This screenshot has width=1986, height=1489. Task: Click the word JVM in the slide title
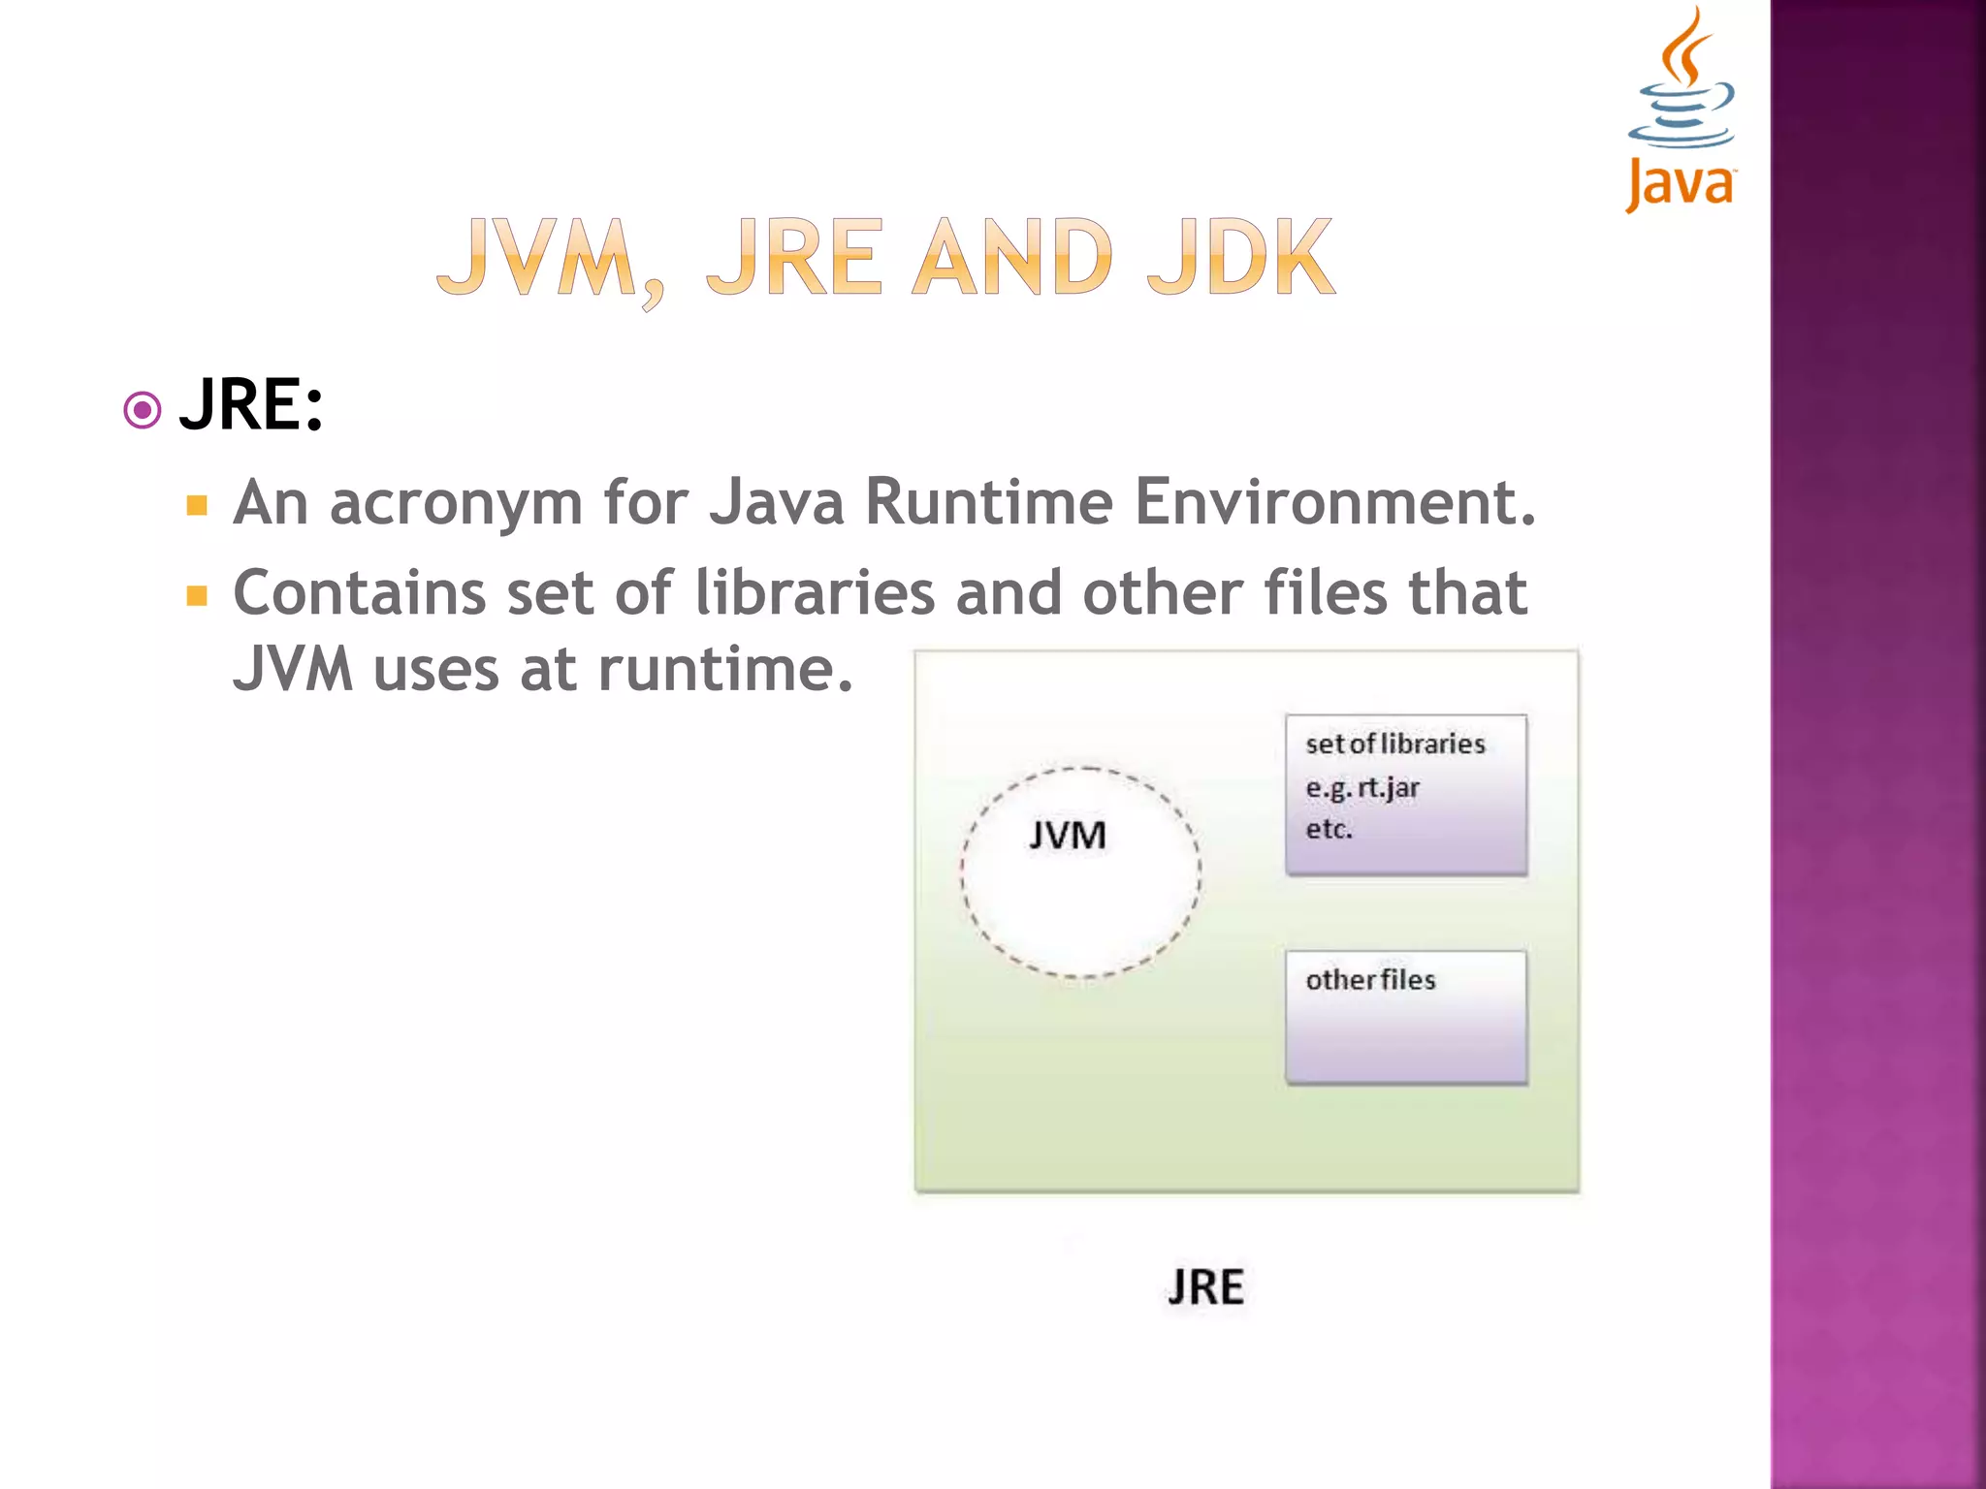click(x=536, y=258)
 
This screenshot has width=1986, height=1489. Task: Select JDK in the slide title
click(x=1240, y=258)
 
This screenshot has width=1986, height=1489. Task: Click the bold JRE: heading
click(x=251, y=405)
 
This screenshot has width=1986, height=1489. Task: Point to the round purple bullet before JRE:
click(x=143, y=410)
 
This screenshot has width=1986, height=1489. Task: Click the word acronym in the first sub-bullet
click(x=456, y=503)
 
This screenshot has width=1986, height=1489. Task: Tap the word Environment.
click(x=1334, y=503)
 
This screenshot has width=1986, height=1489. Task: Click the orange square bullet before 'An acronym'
click(x=197, y=506)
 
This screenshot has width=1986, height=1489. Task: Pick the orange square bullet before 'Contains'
click(x=197, y=595)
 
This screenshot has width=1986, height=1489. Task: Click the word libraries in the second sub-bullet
click(x=815, y=593)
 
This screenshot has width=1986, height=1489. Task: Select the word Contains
click(x=359, y=593)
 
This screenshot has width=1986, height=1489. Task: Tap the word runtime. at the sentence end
click(x=724, y=670)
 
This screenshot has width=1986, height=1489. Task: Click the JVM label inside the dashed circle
click(x=1067, y=836)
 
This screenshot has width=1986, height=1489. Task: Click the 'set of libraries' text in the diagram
click(x=1394, y=744)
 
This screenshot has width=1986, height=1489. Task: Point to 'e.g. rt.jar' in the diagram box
click(x=1361, y=788)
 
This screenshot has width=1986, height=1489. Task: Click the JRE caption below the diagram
click(x=1205, y=1287)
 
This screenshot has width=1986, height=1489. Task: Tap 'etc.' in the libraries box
click(x=1329, y=830)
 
